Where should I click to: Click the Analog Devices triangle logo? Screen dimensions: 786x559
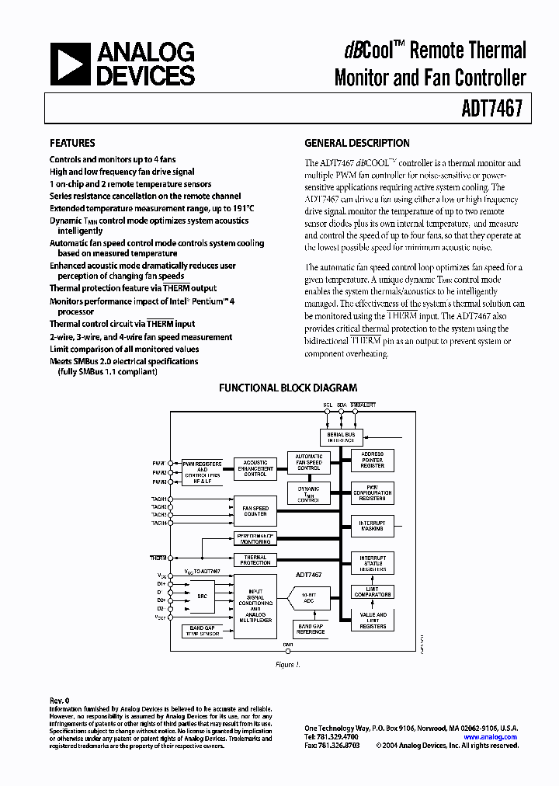tap(70, 64)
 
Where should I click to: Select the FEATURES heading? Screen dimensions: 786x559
tap(72, 143)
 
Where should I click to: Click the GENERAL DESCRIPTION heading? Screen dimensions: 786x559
tap(356, 143)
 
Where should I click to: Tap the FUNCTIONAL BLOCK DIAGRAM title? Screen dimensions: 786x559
tap(288, 388)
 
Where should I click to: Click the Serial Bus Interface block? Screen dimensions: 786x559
tap(340, 437)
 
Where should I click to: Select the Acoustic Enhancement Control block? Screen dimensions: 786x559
tap(255, 468)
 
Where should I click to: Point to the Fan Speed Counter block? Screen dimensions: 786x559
tap(255, 510)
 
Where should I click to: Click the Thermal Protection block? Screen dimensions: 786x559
tap(255, 559)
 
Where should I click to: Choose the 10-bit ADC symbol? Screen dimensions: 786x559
tap(308, 599)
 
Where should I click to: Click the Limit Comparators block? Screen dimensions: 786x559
tap(373, 592)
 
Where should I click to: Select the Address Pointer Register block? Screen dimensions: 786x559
tap(373, 461)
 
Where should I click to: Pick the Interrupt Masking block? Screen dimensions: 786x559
tap(373, 526)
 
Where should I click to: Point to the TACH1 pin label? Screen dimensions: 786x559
tap(158, 498)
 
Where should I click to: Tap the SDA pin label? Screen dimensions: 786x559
tap(342, 405)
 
